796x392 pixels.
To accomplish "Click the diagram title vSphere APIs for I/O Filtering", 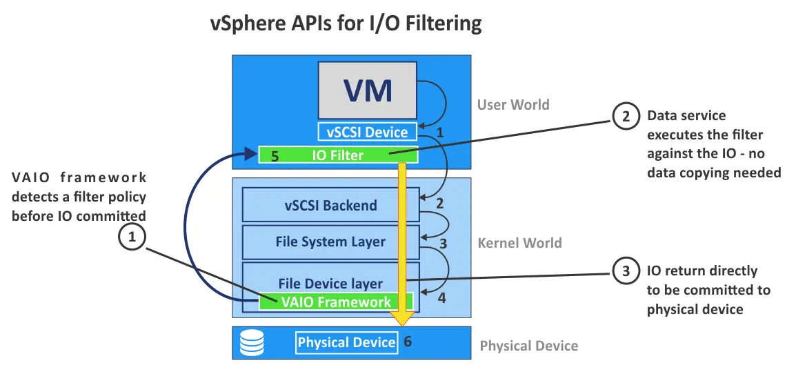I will [x=346, y=23].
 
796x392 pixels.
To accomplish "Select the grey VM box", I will [x=367, y=90].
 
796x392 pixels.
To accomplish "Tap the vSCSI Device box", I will [x=367, y=132].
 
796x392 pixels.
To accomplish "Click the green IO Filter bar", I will [x=338, y=155].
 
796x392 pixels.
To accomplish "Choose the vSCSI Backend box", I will [x=331, y=205].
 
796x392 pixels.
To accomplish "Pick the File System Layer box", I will [x=331, y=242].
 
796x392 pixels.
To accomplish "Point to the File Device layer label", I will [x=330, y=283].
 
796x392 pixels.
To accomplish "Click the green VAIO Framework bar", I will [x=336, y=302].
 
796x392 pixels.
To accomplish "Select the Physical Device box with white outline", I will [x=346, y=342].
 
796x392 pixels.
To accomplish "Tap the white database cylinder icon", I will [x=252, y=343].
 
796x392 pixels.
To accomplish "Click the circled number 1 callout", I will [x=132, y=237].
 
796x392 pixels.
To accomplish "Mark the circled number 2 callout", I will [x=626, y=117].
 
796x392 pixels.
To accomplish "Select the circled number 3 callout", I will [x=626, y=271].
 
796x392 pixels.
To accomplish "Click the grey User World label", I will [x=513, y=105].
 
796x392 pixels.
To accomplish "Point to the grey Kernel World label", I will [x=519, y=243].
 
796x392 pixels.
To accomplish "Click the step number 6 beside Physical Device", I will [x=408, y=342].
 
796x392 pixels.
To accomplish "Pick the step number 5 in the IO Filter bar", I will [x=275, y=156].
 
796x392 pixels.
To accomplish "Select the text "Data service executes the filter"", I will [x=704, y=125].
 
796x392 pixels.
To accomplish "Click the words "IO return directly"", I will [x=702, y=271].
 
